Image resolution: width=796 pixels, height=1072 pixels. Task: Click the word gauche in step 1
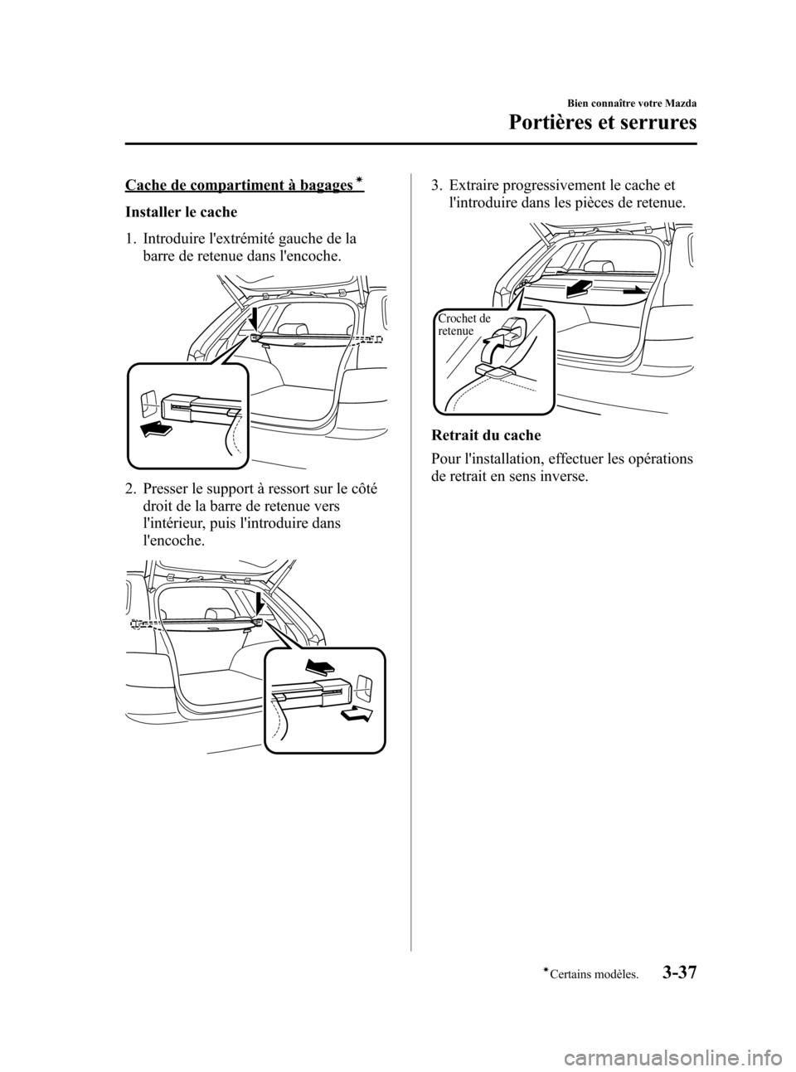click(285, 240)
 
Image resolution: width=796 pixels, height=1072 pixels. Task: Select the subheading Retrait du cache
click(485, 435)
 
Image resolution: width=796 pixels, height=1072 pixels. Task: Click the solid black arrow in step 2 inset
click(319, 667)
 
